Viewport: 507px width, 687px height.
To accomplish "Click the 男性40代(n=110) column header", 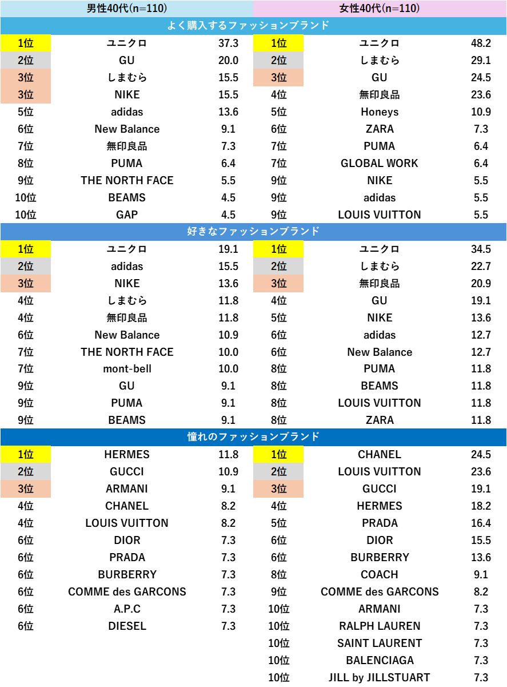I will (127, 9).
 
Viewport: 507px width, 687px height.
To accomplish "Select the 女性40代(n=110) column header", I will (380, 9).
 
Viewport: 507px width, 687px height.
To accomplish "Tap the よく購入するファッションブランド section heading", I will (253, 26).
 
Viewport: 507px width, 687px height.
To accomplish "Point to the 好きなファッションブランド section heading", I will (253, 232).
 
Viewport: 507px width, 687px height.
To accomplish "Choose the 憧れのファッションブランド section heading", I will (253, 437).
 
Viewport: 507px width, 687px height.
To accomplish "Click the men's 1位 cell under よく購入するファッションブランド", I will (26, 43).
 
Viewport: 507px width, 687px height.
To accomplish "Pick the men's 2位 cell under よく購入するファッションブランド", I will (26, 61).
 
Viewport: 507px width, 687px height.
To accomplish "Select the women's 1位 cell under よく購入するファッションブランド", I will (278, 43).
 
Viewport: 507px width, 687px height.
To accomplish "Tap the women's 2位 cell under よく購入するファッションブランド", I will (278, 61).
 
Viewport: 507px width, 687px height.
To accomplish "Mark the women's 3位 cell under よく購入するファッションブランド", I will (278, 78).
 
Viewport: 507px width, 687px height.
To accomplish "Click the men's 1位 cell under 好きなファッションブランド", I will (26, 249).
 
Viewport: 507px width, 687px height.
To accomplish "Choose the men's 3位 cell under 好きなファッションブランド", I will (26, 284).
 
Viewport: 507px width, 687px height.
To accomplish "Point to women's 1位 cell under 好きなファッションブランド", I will (278, 249).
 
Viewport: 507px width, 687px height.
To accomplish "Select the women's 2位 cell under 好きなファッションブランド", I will (278, 267).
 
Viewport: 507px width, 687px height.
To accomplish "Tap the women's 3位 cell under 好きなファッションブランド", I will (278, 284).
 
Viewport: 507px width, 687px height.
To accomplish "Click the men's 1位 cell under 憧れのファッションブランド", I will (26, 455).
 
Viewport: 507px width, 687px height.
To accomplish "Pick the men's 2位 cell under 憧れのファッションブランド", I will (26, 472).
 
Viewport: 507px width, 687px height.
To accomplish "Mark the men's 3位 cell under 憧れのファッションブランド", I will (26, 489).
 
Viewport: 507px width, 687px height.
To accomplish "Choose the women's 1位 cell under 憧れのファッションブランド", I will (278, 455).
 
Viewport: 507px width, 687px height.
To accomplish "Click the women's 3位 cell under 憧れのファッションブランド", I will (278, 489).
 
